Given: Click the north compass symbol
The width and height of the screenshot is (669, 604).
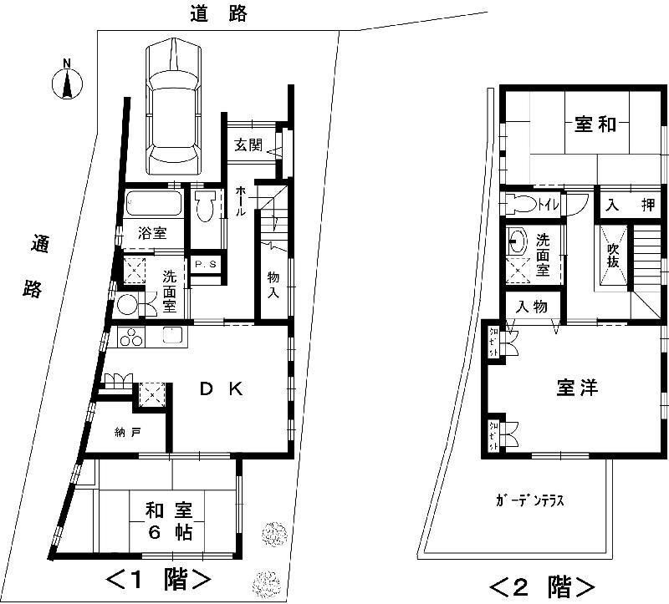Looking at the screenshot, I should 68,82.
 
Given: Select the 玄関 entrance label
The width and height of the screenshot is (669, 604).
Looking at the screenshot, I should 248,145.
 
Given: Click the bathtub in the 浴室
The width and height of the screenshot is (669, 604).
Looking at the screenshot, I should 153,205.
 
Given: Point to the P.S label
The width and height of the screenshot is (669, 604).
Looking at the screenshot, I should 204,265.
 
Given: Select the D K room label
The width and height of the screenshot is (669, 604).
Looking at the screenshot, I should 220,388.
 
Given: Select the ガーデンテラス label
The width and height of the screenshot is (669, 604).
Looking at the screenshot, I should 531,501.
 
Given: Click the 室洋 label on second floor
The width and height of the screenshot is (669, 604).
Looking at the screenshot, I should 577,388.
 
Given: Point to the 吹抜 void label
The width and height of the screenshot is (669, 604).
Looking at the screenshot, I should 613,254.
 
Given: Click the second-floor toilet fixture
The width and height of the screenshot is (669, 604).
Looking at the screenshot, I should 521,204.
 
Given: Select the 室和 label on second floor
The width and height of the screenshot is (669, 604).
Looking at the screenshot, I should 595,124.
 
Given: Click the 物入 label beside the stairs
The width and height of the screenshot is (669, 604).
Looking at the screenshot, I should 273,285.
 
